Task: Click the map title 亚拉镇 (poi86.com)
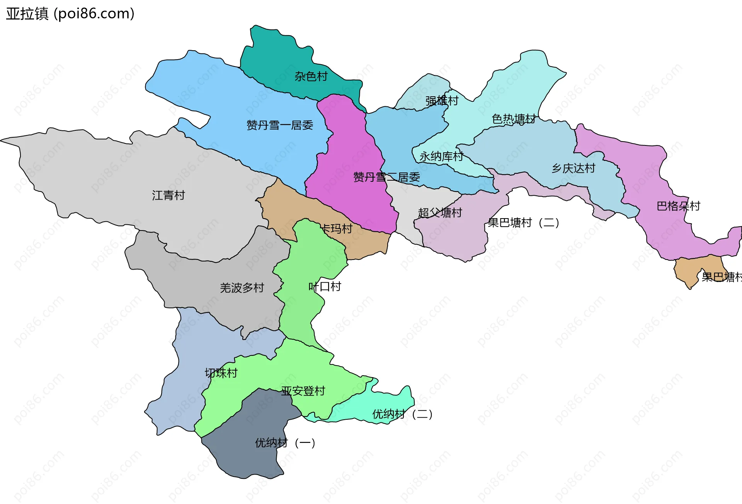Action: click(70, 14)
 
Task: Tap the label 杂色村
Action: click(311, 76)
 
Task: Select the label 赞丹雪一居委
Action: click(280, 125)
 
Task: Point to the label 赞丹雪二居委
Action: click(386, 177)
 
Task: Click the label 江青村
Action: click(168, 195)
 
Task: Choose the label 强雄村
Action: click(442, 101)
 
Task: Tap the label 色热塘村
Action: click(514, 119)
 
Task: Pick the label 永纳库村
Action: click(441, 156)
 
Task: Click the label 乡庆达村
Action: click(573, 168)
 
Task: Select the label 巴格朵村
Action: click(678, 206)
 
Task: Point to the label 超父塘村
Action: click(440, 212)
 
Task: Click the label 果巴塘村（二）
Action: click(524, 222)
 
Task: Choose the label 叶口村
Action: click(325, 287)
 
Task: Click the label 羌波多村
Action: click(242, 288)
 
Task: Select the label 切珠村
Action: click(221, 373)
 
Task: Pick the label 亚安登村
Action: click(303, 391)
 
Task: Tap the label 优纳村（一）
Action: click(285, 442)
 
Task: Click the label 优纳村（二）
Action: click(402, 414)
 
